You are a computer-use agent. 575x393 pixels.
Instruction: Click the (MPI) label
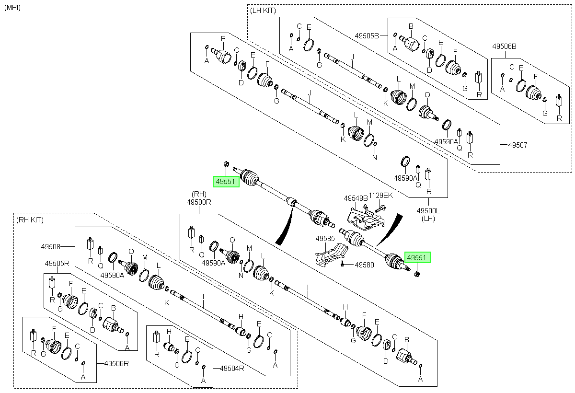12,8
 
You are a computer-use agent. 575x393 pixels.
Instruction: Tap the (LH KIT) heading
263,11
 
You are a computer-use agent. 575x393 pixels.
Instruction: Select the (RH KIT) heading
30,220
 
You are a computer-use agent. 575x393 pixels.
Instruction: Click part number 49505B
367,35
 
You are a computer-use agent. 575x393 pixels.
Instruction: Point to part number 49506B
504,46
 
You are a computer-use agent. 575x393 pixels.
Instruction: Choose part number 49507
518,145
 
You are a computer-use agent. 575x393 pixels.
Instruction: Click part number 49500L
428,211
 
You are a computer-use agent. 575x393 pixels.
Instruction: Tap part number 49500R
199,202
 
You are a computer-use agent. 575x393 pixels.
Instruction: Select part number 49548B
356,198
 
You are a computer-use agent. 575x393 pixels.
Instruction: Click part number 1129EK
381,196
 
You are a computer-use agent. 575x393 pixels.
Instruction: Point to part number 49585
325,239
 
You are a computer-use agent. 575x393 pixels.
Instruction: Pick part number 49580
365,265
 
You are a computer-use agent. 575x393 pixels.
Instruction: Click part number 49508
51,247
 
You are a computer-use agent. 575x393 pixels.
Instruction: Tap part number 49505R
57,264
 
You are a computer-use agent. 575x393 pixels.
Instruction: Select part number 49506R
116,363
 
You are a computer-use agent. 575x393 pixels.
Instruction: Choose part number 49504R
232,369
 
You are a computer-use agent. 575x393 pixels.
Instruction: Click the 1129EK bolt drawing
381,208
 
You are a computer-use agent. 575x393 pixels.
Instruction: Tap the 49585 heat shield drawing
331,254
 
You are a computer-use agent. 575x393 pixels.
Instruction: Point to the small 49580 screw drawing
342,263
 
